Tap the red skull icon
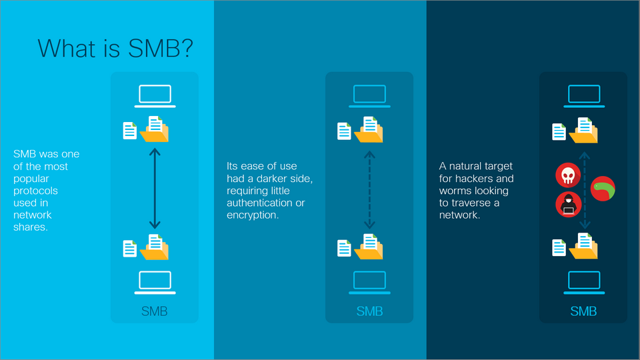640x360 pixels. click(x=566, y=175)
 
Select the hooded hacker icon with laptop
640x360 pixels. click(x=568, y=204)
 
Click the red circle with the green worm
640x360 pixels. click(x=603, y=189)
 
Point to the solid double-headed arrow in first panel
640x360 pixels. click(x=155, y=189)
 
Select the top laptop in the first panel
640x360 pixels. click(x=155, y=96)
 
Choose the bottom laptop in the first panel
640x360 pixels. click(x=155, y=282)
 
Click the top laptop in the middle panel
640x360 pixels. click(x=369, y=96)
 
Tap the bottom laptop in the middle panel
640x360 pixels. click(x=369, y=282)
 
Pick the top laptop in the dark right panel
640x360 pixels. click(x=583, y=96)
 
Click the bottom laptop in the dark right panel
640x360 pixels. click(x=583, y=282)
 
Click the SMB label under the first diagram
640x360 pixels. click(x=155, y=311)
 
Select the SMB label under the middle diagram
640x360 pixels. click(x=369, y=311)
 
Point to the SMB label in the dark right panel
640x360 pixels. click(x=583, y=311)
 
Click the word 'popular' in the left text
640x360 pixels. click(x=30, y=179)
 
